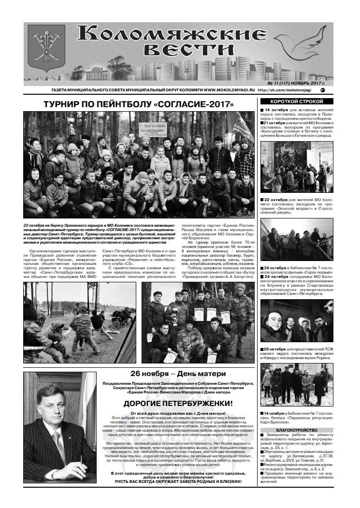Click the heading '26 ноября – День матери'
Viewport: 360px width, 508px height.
coord(178,374)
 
